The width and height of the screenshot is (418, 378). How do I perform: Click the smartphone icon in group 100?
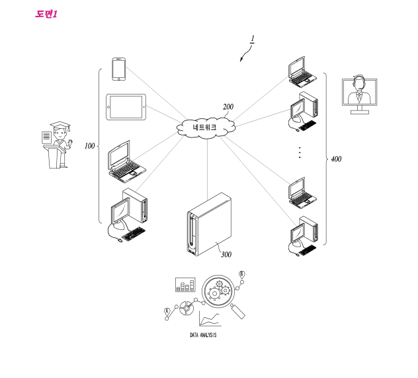coord(119,69)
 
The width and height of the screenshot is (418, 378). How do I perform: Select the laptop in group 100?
coord(126,161)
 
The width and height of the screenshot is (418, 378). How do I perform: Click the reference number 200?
coord(228,106)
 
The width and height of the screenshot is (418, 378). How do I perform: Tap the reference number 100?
coord(89,146)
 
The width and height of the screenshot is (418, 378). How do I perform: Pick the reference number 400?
coord(336,159)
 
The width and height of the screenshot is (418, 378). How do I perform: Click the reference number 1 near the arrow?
coord(251,40)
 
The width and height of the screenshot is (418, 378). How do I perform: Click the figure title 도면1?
coord(46,14)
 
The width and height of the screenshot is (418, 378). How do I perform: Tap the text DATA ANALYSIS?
coord(203,335)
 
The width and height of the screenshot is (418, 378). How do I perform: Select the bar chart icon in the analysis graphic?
coord(185,285)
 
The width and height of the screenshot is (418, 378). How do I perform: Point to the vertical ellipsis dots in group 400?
coord(300,152)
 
